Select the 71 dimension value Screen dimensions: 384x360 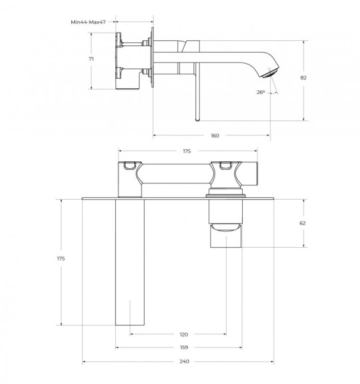click(x=92, y=58)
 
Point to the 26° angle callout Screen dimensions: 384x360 click(x=260, y=92)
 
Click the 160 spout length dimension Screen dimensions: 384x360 click(x=215, y=135)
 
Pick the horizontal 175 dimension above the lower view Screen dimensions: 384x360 click(x=187, y=151)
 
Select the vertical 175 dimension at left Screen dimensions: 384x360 click(x=61, y=259)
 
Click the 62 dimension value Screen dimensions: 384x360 click(x=302, y=223)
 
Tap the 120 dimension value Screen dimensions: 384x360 click(x=184, y=334)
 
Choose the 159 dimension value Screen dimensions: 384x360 click(x=184, y=348)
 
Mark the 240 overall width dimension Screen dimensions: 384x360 click(x=184, y=362)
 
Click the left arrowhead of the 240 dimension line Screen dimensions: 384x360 click(x=85, y=362)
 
